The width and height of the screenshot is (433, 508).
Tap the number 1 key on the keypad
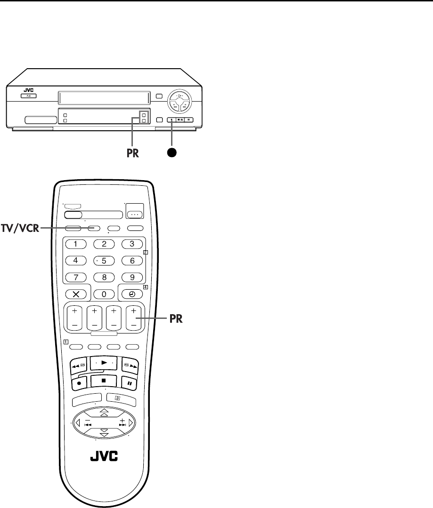coord(76,244)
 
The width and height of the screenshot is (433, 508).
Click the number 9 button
coord(132,277)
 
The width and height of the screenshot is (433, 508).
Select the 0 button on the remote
coord(105,294)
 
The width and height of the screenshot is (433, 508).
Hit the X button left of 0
coord(76,294)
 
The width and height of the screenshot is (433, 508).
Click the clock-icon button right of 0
coord(132,294)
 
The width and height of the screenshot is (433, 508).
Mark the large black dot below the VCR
coord(172,153)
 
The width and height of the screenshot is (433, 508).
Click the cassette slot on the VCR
coord(104,98)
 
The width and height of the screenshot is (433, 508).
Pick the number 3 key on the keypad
coord(132,244)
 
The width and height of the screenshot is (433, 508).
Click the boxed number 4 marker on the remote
coord(146,286)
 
